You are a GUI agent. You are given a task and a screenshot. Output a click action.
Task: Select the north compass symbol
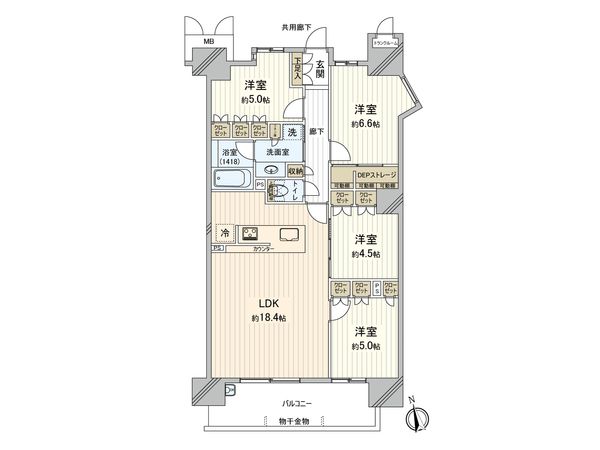pyautogui.click(x=421, y=417)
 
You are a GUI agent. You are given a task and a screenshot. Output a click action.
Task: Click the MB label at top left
pyautogui.click(x=209, y=42)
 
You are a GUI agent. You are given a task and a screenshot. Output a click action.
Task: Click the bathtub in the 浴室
pyautogui.click(x=232, y=180)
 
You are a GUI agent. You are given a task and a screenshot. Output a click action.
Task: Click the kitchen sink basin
pyautogui.click(x=288, y=236)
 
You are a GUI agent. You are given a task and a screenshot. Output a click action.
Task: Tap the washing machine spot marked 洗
pyautogui.click(x=291, y=131)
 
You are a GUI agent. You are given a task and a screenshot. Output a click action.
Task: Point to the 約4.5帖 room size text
pyautogui.click(x=366, y=254)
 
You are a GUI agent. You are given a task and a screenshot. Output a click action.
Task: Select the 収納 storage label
pyautogui.click(x=295, y=171)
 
